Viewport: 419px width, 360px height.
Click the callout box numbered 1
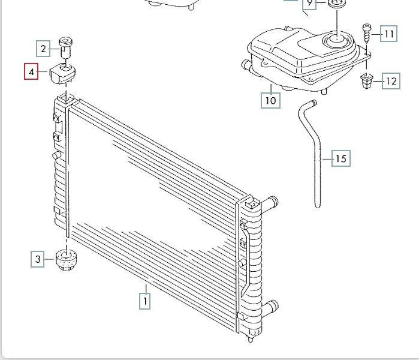[144, 301]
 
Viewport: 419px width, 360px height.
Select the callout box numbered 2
[43, 49]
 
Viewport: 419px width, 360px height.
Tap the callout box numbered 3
[38, 259]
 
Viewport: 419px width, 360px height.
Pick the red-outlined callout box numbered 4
[31, 71]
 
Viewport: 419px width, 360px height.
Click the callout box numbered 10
[271, 100]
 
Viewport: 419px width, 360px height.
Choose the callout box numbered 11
[389, 34]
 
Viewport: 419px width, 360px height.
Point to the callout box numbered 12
[391, 81]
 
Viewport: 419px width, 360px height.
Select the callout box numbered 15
[341, 158]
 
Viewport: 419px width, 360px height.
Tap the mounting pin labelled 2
[65, 47]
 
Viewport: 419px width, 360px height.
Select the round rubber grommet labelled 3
[66, 260]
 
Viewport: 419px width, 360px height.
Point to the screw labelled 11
[366, 34]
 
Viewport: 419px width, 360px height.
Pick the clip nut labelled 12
[367, 81]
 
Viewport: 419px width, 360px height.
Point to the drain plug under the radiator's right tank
[251, 339]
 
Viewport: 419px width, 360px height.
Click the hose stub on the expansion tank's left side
[246, 65]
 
